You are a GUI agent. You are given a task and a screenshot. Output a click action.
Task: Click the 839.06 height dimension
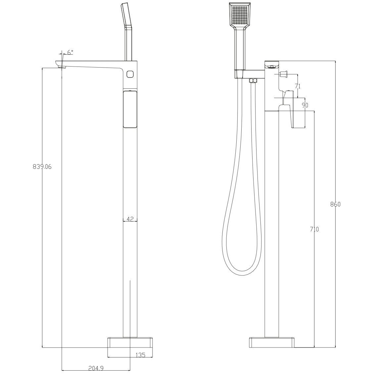(x=42, y=166)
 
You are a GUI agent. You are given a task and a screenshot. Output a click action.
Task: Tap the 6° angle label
(x=70, y=52)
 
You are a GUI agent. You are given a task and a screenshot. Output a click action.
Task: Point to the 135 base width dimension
(x=140, y=355)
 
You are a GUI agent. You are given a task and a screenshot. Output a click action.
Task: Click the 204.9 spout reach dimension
(x=96, y=368)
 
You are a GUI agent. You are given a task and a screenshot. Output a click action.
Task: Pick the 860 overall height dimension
(x=336, y=204)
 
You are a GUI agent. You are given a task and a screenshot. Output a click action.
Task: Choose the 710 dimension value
(x=314, y=229)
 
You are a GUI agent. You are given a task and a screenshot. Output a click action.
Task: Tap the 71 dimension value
(x=298, y=86)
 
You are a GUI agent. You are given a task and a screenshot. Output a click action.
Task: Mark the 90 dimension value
(x=305, y=105)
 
